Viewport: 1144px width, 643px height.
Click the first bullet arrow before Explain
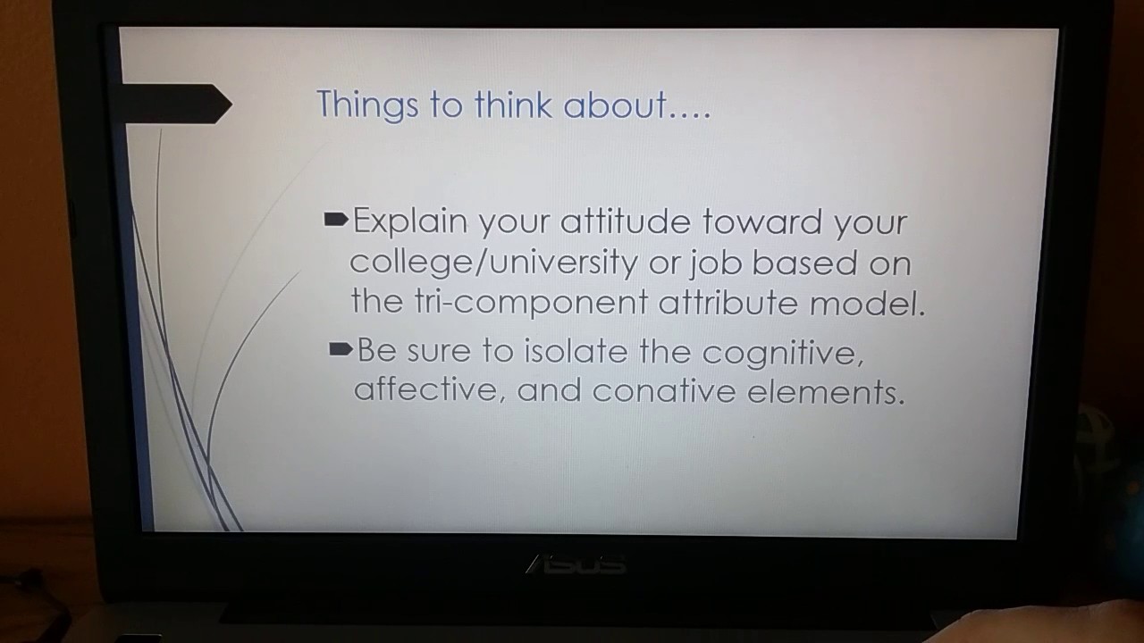[x=335, y=219]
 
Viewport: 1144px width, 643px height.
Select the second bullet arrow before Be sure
[x=341, y=349]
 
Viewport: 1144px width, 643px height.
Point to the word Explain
[x=410, y=221]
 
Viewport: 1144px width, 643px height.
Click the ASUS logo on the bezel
[x=576, y=564]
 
